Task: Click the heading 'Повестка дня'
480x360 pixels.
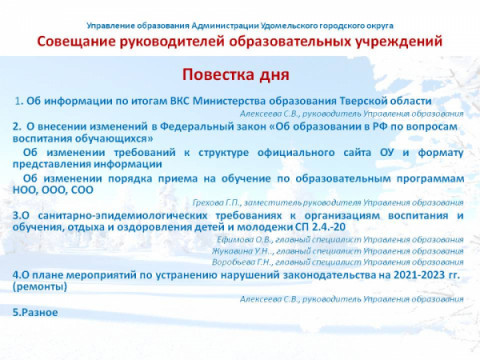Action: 236,75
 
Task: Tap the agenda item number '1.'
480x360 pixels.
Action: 20,101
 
